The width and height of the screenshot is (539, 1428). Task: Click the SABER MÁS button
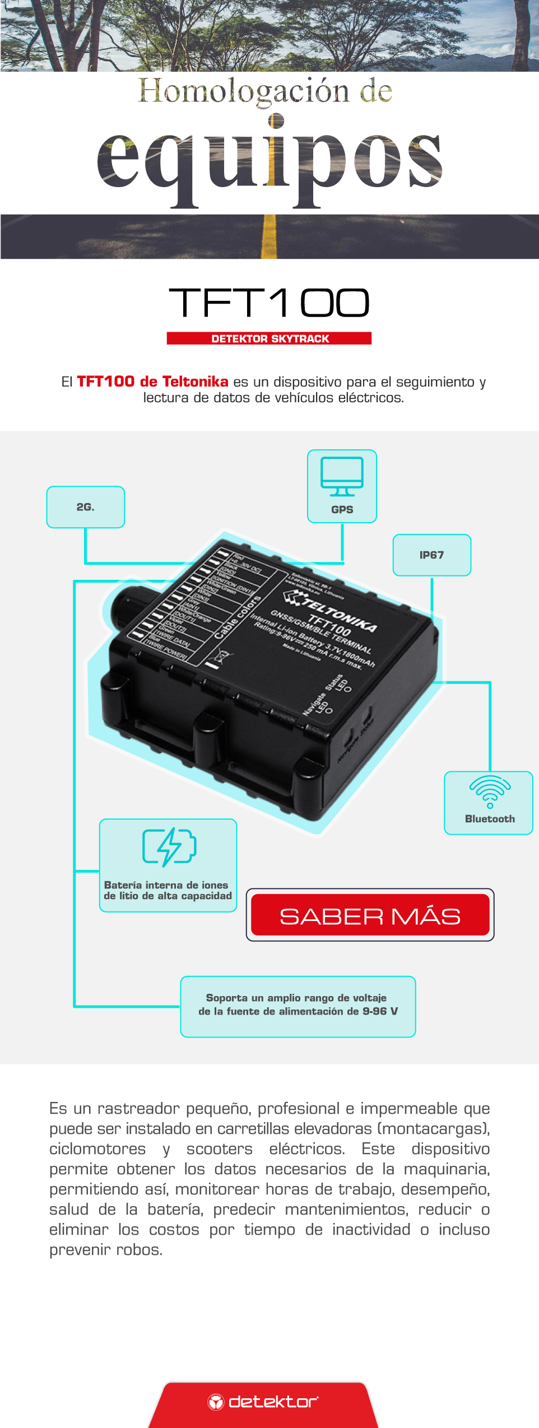(x=370, y=915)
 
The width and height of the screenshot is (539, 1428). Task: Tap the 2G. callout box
(x=86, y=507)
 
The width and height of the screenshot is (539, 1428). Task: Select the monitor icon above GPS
(x=342, y=476)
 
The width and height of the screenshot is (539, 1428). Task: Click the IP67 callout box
(x=431, y=555)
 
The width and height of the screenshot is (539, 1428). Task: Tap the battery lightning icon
(x=169, y=846)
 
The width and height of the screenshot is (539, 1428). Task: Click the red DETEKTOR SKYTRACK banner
(x=269, y=338)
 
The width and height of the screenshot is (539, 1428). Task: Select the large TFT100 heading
(x=269, y=303)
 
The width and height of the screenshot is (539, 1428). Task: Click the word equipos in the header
(x=269, y=160)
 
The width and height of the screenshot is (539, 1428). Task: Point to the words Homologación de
(x=265, y=91)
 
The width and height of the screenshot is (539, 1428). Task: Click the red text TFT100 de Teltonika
(x=152, y=382)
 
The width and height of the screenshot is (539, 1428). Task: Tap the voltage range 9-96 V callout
(x=298, y=1006)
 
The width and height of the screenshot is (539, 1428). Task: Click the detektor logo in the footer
(x=263, y=1401)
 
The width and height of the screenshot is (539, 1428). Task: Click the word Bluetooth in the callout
(x=490, y=819)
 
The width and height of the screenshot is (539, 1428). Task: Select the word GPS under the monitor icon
(x=342, y=510)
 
